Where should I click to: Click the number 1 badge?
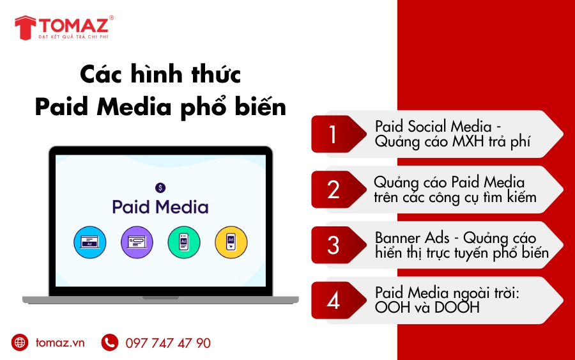pos(333,134)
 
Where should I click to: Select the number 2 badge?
pos(333,190)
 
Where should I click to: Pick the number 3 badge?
pos(333,245)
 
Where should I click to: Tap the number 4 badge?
pos(333,300)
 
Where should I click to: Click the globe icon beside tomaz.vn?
pos(20,343)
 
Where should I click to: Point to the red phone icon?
pos(110,343)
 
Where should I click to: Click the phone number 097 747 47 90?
pos(168,343)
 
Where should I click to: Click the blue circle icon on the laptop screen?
pos(90,242)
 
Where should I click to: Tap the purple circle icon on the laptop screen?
pos(137,242)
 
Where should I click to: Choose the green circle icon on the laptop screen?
pos(184,242)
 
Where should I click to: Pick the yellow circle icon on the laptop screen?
pos(231,242)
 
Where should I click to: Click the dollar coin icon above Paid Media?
pos(160,187)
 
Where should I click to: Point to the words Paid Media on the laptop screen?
pos(160,207)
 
